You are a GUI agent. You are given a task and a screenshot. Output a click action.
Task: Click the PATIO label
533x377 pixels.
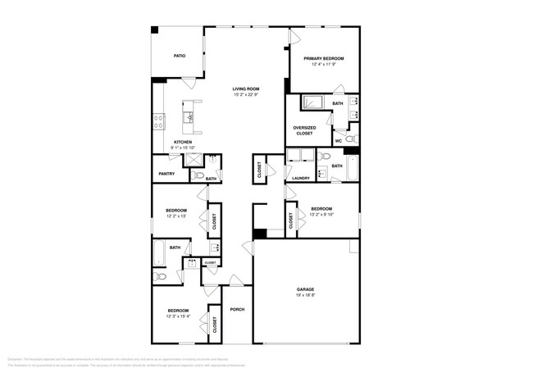click(x=179, y=56)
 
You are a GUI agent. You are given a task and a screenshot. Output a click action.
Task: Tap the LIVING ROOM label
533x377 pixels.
click(x=245, y=89)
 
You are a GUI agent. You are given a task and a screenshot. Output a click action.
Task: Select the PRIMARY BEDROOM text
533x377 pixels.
click(x=323, y=58)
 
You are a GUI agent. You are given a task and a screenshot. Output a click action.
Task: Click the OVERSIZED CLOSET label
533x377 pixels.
click(x=304, y=129)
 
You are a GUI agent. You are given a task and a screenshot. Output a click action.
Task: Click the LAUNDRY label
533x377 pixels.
click(x=300, y=178)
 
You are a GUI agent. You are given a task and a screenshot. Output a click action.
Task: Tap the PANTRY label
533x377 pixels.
click(x=166, y=174)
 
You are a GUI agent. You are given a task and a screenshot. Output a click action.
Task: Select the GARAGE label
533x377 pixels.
click(x=305, y=289)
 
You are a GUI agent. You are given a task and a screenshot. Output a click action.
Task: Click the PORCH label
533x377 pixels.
click(x=237, y=309)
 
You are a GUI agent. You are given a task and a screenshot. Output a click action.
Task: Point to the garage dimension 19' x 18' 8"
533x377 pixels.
click(x=305, y=297)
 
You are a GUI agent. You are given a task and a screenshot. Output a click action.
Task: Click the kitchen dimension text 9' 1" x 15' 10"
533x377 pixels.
click(x=182, y=148)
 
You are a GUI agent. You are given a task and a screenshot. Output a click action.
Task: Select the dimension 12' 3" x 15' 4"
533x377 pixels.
click(x=178, y=316)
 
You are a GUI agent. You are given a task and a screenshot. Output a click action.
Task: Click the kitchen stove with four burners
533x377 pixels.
click(x=158, y=121)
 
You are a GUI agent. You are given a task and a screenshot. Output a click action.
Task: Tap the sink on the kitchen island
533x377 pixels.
click(x=189, y=118)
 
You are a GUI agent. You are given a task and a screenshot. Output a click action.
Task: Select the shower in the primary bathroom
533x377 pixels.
click(x=312, y=103)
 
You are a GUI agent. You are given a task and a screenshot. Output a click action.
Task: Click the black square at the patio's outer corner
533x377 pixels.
click(x=154, y=30)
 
